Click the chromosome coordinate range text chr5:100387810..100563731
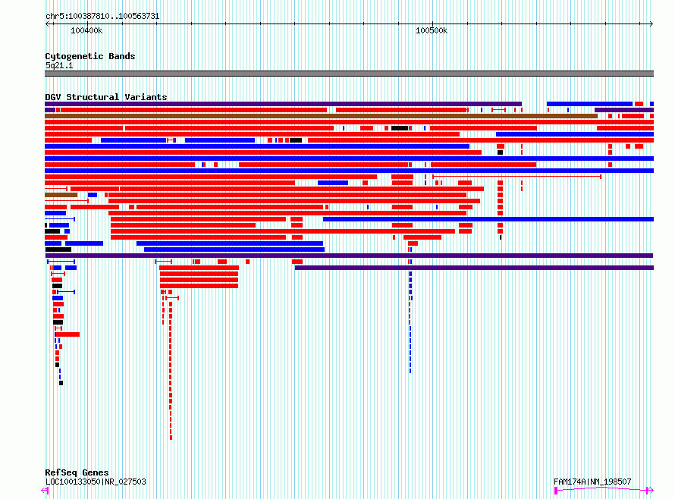point(102,17)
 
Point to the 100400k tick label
point(86,30)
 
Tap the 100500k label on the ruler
point(432,30)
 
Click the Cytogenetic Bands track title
point(90,56)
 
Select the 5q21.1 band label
point(59,65)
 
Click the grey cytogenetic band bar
point(349,74)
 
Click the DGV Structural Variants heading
point(106,97)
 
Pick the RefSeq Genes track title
point(77,472)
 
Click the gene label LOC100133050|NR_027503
point(96,482)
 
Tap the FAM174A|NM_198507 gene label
point(592,482)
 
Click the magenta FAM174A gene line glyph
point(604,489)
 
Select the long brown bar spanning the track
point(321,116)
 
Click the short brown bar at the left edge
point(61,195)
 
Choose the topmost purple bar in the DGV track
point(283,104)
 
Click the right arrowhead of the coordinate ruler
point(651,24)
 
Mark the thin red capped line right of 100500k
point(516,177)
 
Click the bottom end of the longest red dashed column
point(171,438)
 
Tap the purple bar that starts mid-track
point(474,268)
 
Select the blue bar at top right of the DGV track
point(589,104)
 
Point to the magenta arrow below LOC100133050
point(44,490)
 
